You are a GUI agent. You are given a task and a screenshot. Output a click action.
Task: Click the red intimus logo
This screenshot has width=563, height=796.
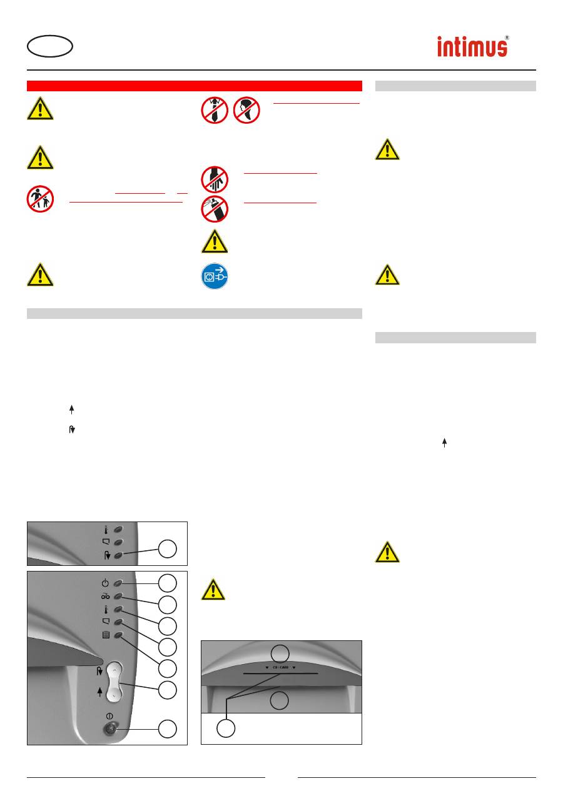coord(472,48)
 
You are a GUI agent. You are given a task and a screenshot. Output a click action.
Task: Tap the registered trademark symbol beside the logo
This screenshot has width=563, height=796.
coord(507,38)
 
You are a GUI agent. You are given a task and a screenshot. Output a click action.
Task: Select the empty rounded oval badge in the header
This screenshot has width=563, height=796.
coord(50,46)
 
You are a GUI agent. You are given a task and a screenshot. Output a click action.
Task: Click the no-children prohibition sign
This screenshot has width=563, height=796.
coord(40,199)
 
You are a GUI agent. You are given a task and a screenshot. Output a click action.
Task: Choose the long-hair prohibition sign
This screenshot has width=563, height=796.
coord(246,111)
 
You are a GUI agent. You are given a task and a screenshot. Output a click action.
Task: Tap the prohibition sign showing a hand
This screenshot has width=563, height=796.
coord(215,179)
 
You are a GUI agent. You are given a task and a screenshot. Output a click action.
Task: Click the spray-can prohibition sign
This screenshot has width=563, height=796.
coord(215,209)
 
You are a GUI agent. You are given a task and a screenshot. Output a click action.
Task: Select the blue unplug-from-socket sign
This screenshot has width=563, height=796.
coord(215,275)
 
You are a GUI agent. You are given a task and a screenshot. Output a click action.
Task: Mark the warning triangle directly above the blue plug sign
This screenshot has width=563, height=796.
coord(215,241)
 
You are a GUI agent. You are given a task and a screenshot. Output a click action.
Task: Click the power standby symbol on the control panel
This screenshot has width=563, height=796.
coord(105,583)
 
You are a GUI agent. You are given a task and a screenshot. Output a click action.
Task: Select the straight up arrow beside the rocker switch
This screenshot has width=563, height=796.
coord(99,693)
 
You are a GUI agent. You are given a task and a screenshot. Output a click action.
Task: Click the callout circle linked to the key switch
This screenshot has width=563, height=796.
coord(166,728)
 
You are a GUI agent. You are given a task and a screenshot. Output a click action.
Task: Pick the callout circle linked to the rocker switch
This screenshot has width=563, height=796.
coord(166,690)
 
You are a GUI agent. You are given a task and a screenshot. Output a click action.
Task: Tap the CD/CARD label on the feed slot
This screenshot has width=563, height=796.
coord(280,667)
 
